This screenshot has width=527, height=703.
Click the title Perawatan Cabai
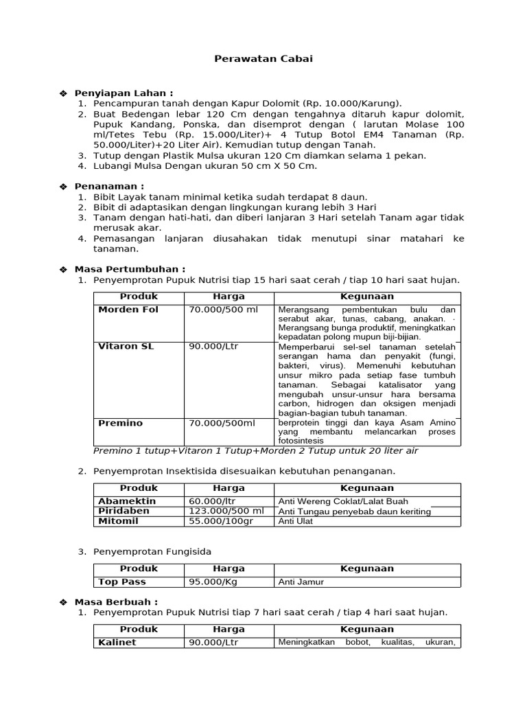coord(263,59)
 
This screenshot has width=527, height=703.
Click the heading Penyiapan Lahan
coord(124,93)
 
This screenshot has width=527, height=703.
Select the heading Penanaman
coord(109,186)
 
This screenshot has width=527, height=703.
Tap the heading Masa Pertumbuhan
coord(130,269)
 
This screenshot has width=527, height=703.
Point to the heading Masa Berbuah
coord(116,601)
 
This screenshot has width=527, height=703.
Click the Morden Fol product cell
coord(128,310)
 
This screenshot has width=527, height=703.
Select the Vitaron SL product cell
coord(126,347)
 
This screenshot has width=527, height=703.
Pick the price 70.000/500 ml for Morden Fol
coord(223,310)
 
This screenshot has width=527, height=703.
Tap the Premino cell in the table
coord(121,424)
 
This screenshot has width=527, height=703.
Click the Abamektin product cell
coord(127,501)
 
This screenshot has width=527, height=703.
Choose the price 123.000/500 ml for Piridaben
coord(226,511)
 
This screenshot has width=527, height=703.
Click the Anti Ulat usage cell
coord(294,522)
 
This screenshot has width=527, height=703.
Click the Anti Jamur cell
coord(301,582)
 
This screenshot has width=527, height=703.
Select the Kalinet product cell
coord(117,643)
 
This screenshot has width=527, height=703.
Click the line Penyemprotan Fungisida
coord(152,551)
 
